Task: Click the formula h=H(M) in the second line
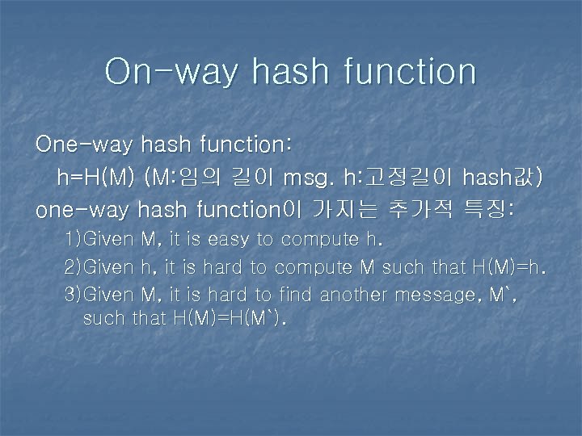click(95, 178)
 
